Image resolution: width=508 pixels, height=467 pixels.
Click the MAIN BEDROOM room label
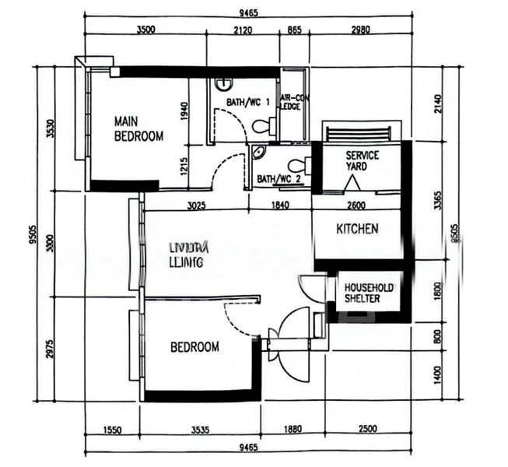point(138,128)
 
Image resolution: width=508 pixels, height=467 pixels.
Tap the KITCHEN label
point(357,229)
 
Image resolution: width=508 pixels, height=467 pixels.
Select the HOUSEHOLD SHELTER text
point(369,293)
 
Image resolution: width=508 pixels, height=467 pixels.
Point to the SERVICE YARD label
point(363,160)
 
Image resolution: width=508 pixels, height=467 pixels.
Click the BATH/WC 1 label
point(248,102)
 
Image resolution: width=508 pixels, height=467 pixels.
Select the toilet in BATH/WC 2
point(297,165)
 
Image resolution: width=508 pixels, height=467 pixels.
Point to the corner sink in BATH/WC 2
point(258,153)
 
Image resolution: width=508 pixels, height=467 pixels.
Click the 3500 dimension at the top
point(145,30)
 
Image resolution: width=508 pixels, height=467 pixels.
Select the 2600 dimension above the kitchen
point(356,205)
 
